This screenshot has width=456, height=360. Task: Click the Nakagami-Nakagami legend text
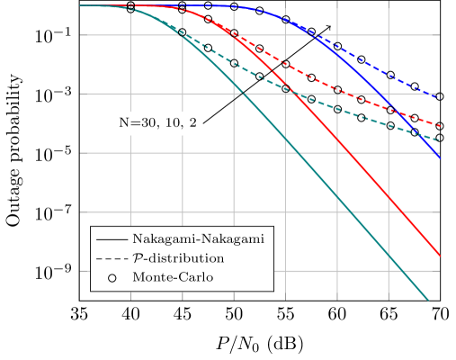[197, 239]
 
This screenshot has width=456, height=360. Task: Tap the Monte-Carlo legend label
[173, 277]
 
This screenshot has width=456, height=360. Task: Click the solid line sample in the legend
[112, 239]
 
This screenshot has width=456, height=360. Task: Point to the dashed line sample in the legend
[112, 258]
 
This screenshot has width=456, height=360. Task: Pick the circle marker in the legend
[112, 277]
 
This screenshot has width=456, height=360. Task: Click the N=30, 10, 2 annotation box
[157, 123]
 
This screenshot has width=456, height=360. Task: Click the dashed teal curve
[360, 112]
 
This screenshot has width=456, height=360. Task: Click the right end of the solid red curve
[441, 256]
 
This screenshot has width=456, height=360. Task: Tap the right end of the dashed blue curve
[441, 96]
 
